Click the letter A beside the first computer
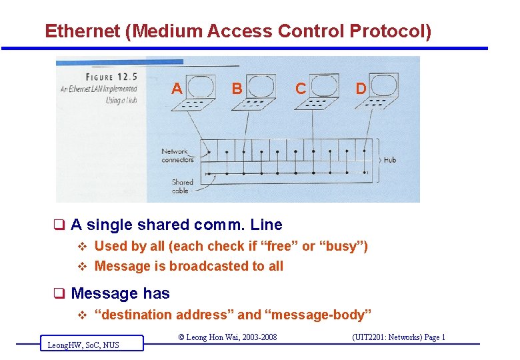coord(177,88)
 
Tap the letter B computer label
coord(236,88)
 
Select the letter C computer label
coord(301,88)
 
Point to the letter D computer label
coord(361,88)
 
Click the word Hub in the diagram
coord(389,160)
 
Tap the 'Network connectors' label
coord(177,155)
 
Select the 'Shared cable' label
coord(181,186)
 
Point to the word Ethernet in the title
coord(82,31)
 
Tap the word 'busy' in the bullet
coord(341,246)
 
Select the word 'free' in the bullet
coord(279,246)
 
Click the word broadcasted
coord(209,266)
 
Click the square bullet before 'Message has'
coord(59,293)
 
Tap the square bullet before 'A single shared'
coord(59,225)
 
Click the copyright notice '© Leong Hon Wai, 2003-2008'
coord(227,337)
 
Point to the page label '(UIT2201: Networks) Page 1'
coord(399,337)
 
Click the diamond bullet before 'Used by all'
coord(83,246)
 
